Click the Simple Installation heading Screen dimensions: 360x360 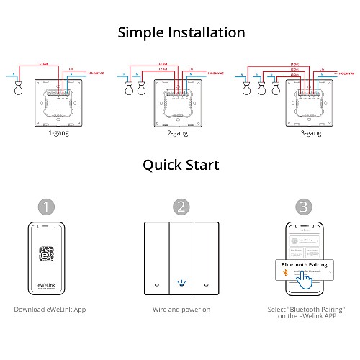180,32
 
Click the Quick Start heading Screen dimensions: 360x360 180,165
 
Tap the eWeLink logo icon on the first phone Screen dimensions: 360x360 46,256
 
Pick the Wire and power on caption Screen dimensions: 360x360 180,310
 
